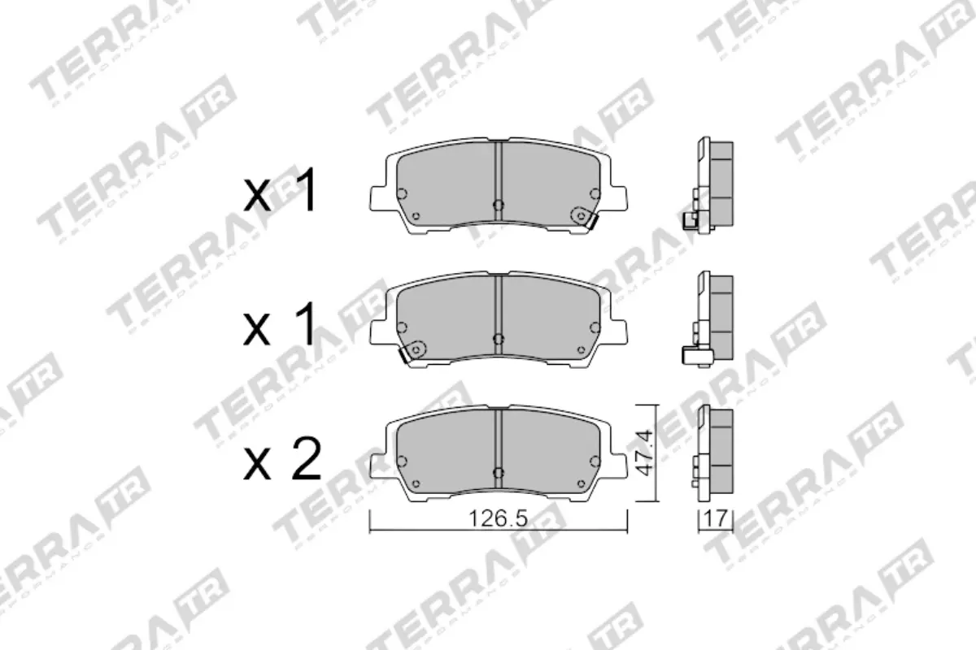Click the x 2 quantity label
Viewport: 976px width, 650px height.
pos(284,461)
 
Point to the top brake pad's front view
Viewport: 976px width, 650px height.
pos(499,186)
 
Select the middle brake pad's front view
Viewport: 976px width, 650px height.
pos(499,318)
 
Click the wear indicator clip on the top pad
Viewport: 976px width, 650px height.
pos(583,217)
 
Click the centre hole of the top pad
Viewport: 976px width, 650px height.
pos(499,204)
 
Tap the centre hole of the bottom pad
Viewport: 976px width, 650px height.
pos(499,470)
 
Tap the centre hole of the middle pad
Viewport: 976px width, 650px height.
pos(499,337)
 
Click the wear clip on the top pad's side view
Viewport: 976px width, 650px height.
pos(690,219)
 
